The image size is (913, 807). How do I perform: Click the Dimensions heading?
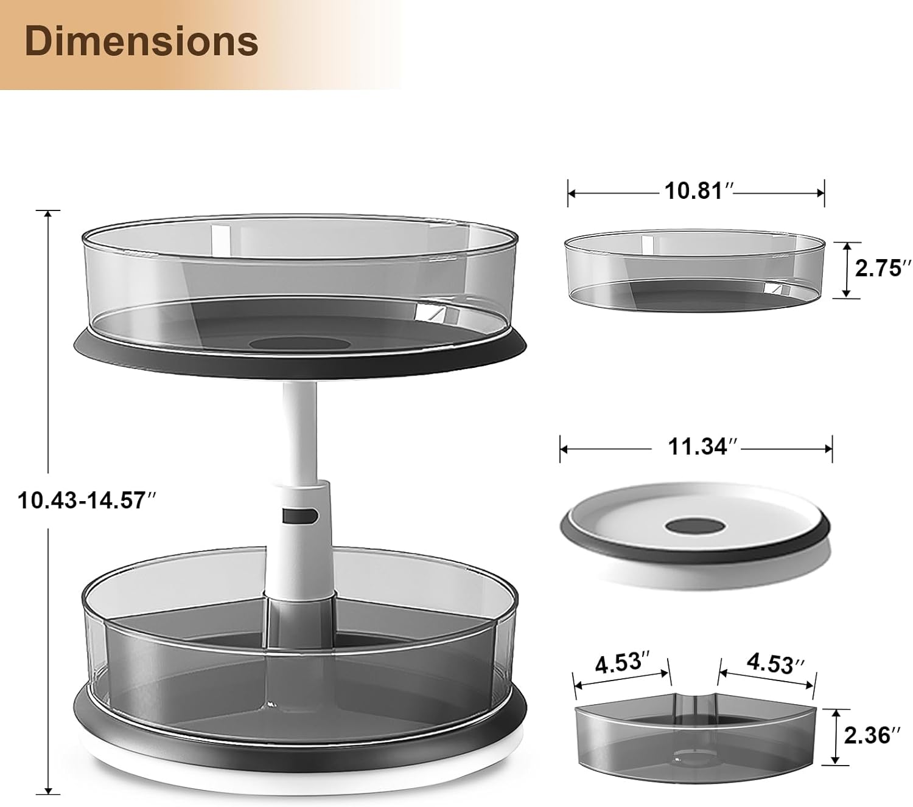point(141,42)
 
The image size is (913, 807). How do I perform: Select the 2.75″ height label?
point(879,268)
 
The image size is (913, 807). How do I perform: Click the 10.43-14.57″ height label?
point(86,500)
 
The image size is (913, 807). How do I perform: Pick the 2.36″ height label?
point(872,735)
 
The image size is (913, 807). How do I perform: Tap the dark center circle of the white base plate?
point(696,525)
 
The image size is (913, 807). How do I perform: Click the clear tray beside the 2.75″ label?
point(695,271)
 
